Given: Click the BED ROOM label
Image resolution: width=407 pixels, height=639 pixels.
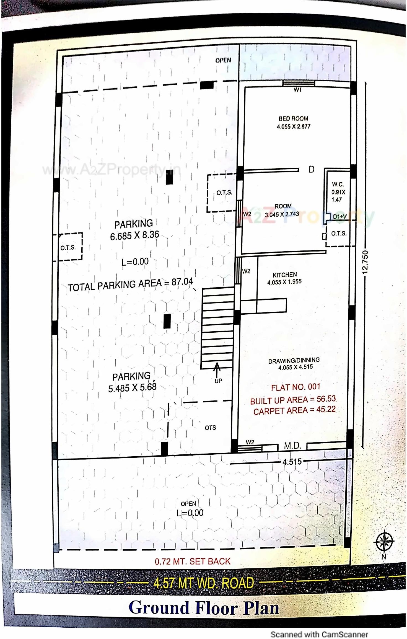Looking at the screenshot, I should pyautogui.click(x=293, y=118).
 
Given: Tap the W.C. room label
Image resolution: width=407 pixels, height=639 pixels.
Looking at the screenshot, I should pyautogui.click(x=338, y=184).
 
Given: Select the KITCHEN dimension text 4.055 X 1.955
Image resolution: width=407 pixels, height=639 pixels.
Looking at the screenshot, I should pyautogui.click(x=284, y=282).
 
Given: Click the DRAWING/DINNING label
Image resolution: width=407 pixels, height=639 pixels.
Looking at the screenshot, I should pyautogui.click(x=294, y=360).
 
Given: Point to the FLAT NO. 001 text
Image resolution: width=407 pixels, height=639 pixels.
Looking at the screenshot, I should pyautogui.click(x=295, y=387).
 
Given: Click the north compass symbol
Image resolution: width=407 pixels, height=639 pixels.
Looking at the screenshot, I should pyautogui.click(x=384, y=541).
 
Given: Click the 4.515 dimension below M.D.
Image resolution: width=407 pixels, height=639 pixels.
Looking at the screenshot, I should pyautogui.click(x=292, y=462).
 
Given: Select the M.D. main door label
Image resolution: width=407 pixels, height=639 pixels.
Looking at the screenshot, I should pyautogui.click(x=292, y=446).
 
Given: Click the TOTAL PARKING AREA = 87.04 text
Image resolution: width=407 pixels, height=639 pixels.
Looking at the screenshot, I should pyautogui.click(x=130, y=285).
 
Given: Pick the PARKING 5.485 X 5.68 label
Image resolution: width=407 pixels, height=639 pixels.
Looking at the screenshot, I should pyautogui.click(x=132, y=382).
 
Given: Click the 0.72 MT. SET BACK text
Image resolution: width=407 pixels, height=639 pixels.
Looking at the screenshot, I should pyautogui.click(x=193, y=561).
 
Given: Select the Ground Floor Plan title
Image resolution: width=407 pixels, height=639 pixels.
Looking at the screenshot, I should pyautogui.click(x=204, y=609).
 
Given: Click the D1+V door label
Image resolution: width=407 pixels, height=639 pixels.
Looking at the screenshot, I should pyautogui.click(x=340, y=216).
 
